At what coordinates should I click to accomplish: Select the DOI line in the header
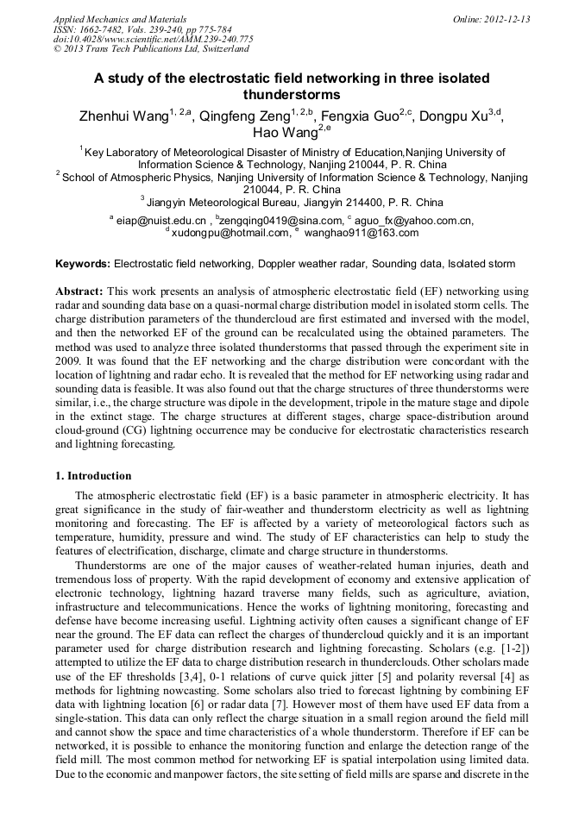153,39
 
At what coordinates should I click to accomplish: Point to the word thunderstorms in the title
292,95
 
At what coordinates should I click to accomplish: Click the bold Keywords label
83,263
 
